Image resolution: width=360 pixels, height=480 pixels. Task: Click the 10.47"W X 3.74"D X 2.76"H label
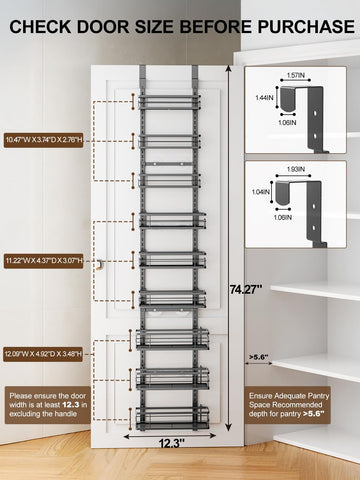pos(46,139)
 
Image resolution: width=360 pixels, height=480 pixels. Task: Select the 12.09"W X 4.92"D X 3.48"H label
pos(46,354)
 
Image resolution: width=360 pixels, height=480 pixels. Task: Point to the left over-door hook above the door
pos(143,78)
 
